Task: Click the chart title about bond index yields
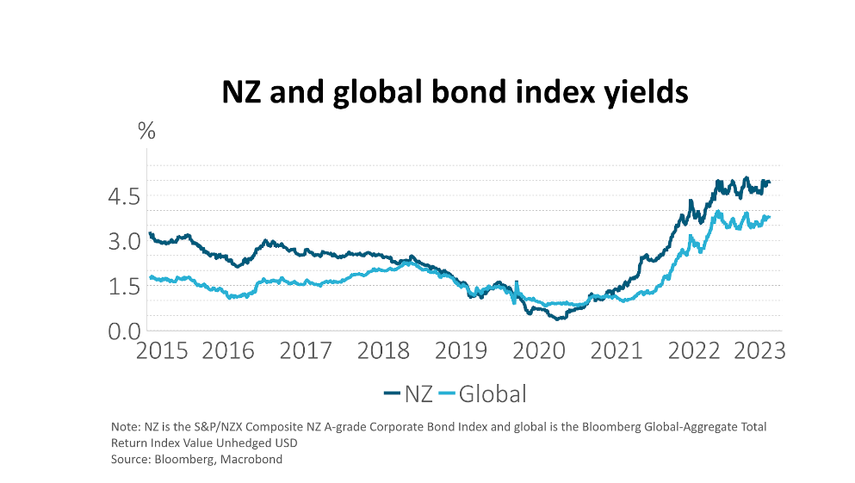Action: (x=455, y=91)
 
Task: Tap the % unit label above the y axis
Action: (x=146, y=132)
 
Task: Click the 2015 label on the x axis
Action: (x=163, y=351)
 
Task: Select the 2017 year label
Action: (x=307, y=351)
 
